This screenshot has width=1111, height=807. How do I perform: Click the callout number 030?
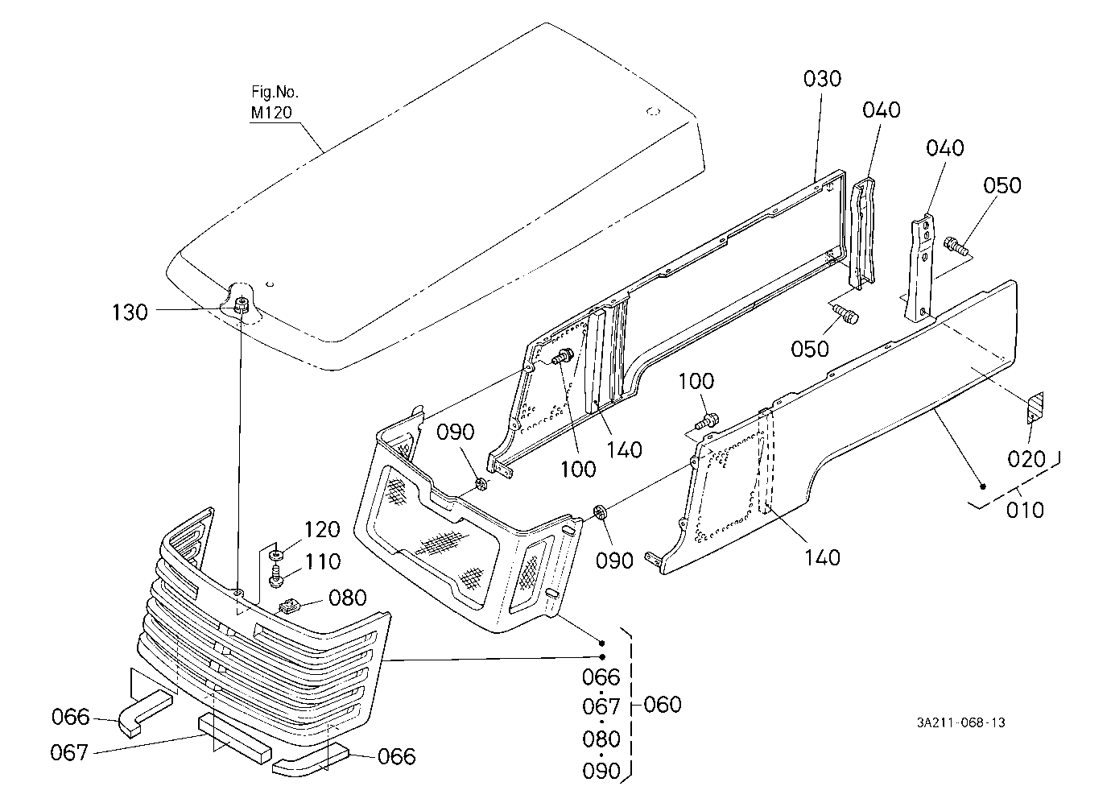(822, 79)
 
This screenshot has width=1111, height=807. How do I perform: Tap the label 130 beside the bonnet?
(130, 312)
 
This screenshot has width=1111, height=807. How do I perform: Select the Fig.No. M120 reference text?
(275, 102)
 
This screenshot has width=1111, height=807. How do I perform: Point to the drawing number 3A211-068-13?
(961, 722)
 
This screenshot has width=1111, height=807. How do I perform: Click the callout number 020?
(1026, 460)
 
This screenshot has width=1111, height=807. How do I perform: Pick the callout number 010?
(1025, 510)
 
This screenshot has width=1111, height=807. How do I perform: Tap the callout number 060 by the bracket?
(663, 705)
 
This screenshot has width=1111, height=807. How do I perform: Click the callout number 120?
(322, 530)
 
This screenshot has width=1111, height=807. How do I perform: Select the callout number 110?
(322, 562)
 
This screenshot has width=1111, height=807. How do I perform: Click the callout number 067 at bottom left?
(69, 753)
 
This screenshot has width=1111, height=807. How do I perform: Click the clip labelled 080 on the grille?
(288, 606)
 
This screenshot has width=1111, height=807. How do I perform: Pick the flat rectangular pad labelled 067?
(235, 739)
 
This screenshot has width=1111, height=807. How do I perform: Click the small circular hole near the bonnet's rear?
(654, 111)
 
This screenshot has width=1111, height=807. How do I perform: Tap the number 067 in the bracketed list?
(601, 707)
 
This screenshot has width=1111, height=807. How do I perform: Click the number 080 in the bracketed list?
(601, 739)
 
